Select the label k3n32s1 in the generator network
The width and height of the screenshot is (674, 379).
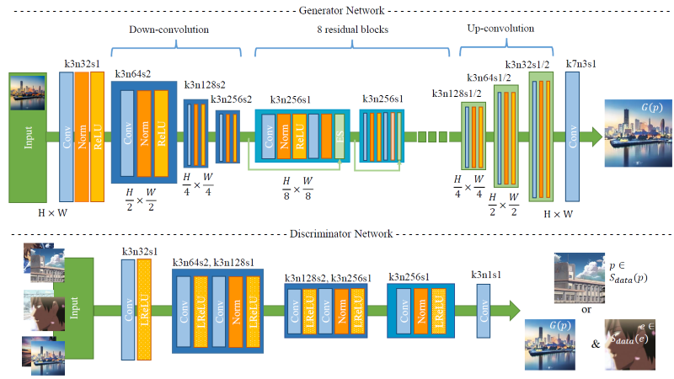[82, 63]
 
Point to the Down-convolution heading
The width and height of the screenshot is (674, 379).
[168, 29]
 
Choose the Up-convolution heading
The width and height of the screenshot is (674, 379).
[500, 29]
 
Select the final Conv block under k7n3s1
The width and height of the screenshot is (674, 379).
[574, 135]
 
